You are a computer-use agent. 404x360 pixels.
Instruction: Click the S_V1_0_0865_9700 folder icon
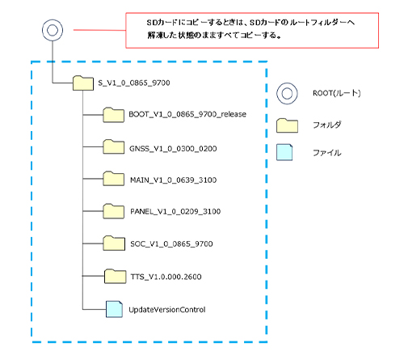[83, 83]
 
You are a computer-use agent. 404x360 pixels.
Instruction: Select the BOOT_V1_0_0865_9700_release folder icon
[114, 115]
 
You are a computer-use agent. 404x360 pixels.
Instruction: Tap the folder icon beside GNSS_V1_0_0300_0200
[114, 146]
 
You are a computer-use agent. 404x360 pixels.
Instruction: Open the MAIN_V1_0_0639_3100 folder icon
[114, 179]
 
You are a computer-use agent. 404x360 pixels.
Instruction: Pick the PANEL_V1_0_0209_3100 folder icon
[114, 211]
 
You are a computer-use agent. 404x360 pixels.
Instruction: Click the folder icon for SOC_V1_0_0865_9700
[114, 243]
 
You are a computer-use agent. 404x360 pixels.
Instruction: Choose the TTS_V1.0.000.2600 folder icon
[115, 276]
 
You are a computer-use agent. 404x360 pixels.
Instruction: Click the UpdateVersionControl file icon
[115, 309]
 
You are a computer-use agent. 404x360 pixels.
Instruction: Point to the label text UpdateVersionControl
[167, 310]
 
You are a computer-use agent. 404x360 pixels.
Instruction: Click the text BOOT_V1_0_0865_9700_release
[187, 114]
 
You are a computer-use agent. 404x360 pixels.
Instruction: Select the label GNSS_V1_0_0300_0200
[173, 149]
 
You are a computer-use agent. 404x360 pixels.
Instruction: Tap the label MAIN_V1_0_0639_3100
[174, 180]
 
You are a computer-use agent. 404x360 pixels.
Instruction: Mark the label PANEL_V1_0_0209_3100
[175, 211]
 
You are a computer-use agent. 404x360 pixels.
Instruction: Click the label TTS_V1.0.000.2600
[166, 277]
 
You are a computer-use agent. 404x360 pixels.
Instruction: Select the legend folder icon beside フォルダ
[287, 125]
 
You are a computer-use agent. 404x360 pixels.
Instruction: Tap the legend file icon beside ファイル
[284, 152]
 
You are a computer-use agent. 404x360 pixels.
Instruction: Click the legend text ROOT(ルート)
[337, 93]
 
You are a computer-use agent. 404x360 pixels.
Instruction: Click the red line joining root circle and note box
[99, 30]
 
